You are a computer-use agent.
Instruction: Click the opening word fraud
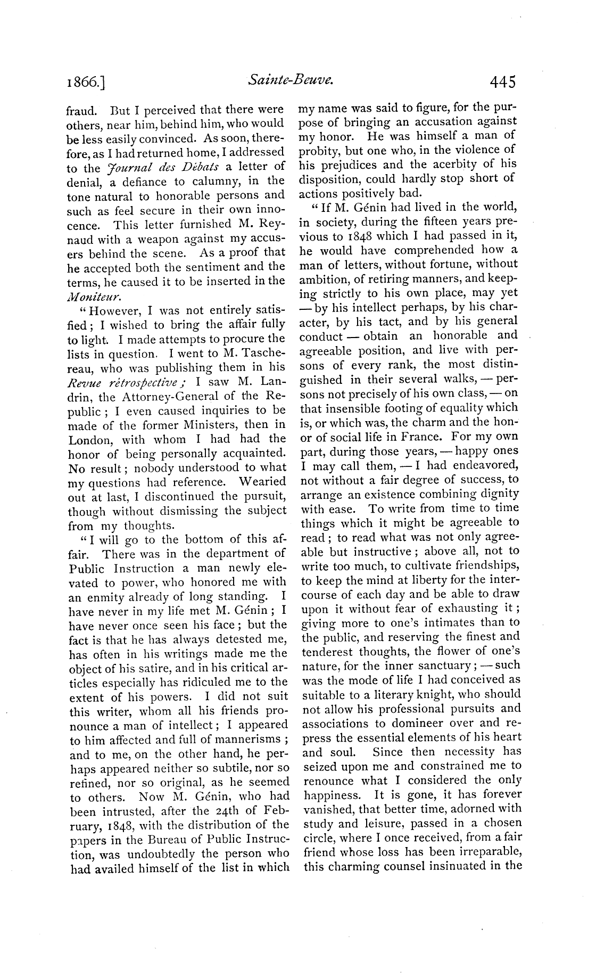pyautogui.click(x=81, y=110)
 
